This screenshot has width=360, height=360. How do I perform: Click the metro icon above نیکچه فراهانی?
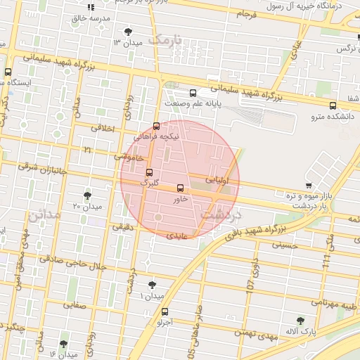click(x=156, y=126)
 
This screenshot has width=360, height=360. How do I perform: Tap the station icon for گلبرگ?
click(x=149, y=172)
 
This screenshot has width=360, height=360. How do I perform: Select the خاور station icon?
click(x=181, y=188)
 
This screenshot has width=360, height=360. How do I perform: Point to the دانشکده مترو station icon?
click(x=333, y=106)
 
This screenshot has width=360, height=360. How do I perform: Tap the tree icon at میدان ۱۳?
click(x=128, y=32)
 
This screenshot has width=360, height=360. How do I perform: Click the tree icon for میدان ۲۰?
click(x=87, y=195)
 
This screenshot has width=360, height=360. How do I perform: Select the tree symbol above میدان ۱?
click(x=152, y=285)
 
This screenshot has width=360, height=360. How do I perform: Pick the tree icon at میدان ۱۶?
click(x=64, y=344)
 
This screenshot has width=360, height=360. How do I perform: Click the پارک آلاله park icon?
click(x=301, y=320)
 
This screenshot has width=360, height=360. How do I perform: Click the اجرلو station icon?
click(x=165, y=311)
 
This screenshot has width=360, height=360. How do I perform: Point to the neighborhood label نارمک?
click(x=169, y=39)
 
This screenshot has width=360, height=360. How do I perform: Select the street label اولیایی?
click(x=217, y=181)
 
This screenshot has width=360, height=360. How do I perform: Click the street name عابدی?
click(x=177, y=237)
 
